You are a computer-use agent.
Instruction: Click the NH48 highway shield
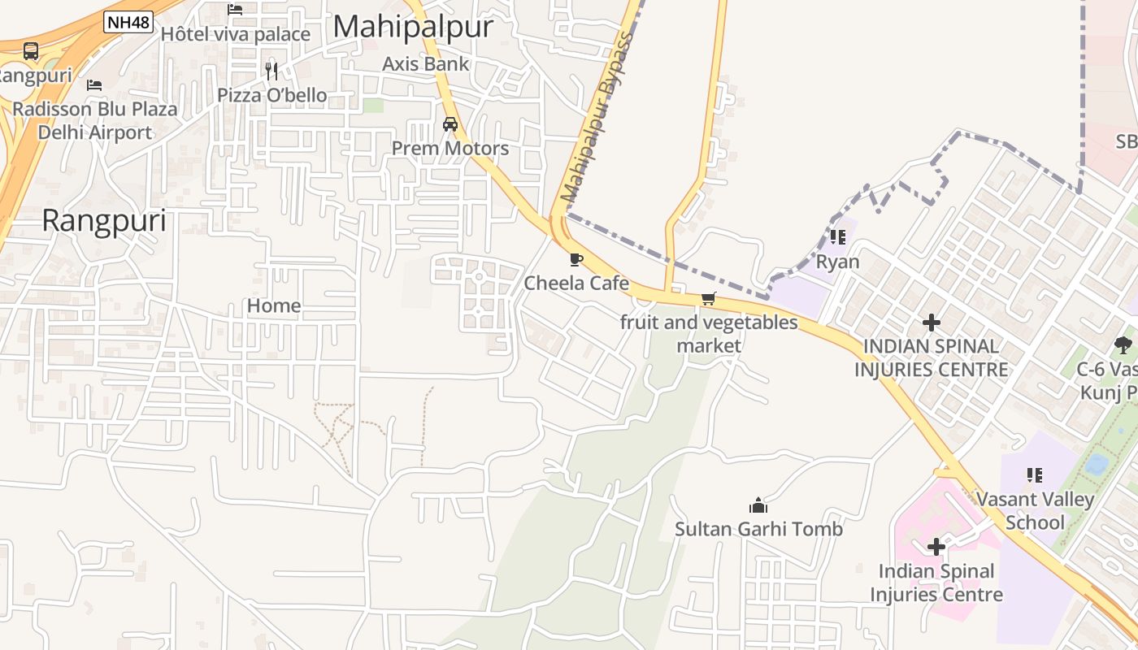128,22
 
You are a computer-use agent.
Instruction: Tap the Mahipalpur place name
413,27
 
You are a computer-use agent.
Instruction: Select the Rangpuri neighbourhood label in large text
104,221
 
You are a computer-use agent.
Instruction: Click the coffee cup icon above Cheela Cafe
576,260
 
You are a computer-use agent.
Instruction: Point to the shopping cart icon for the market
709,299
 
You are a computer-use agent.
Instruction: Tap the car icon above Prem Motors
450,124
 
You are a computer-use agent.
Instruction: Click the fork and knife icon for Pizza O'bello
271,71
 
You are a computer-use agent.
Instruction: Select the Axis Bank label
426,63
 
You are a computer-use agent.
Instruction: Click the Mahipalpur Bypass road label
597,117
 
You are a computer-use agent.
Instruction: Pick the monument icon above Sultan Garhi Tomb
758,505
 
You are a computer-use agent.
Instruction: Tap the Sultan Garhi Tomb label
758,530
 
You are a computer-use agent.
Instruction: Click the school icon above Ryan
838,237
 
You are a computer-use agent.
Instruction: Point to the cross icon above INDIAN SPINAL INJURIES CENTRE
932,323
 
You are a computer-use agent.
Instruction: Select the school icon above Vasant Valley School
1035,474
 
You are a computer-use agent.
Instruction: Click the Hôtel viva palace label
236,34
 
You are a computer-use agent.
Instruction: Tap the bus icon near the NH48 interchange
31,51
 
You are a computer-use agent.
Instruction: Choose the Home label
274,306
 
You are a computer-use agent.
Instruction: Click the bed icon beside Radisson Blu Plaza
94,84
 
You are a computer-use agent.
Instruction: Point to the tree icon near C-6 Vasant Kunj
1123,344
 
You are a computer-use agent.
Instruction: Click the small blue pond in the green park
1097,464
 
